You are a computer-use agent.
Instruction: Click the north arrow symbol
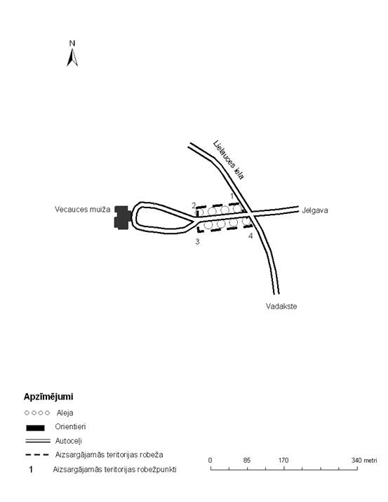72,57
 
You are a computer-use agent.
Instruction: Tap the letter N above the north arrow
72,43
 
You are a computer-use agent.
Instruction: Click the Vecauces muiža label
82,210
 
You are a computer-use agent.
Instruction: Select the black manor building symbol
122,217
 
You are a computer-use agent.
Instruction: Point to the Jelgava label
314,210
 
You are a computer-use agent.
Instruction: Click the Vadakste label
281,306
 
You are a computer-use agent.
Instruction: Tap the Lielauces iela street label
229,160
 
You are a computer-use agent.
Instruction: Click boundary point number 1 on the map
232,196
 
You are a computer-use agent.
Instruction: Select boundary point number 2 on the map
194,205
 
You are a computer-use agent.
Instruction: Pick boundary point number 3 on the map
197,242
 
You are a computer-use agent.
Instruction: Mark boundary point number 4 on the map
250,236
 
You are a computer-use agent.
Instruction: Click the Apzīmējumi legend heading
48,397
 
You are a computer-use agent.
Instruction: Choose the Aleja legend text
65,413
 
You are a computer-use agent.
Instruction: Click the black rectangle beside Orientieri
35,428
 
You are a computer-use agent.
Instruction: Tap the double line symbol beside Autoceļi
38,441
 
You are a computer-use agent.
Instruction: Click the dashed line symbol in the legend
37,455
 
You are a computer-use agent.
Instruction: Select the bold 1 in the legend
31,470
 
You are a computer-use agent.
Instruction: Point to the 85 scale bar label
247,461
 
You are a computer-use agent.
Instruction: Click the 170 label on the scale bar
283,461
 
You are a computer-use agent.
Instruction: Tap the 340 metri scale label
364,461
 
